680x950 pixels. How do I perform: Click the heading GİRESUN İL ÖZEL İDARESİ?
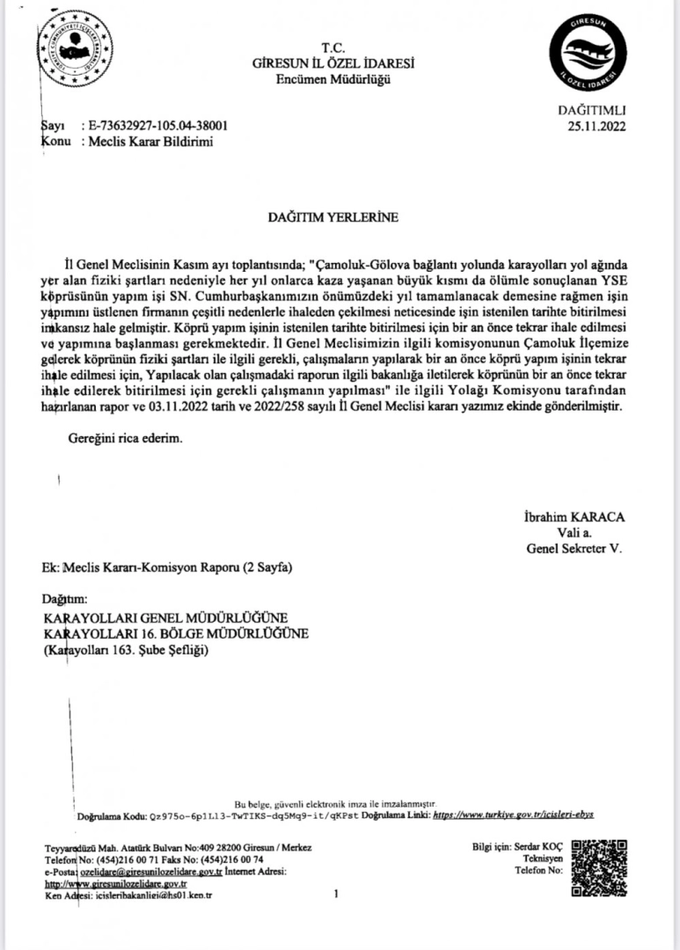pos(333,64)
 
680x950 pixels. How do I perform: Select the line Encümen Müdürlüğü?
pos(333,79)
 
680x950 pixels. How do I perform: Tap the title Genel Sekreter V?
pos(574,548)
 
